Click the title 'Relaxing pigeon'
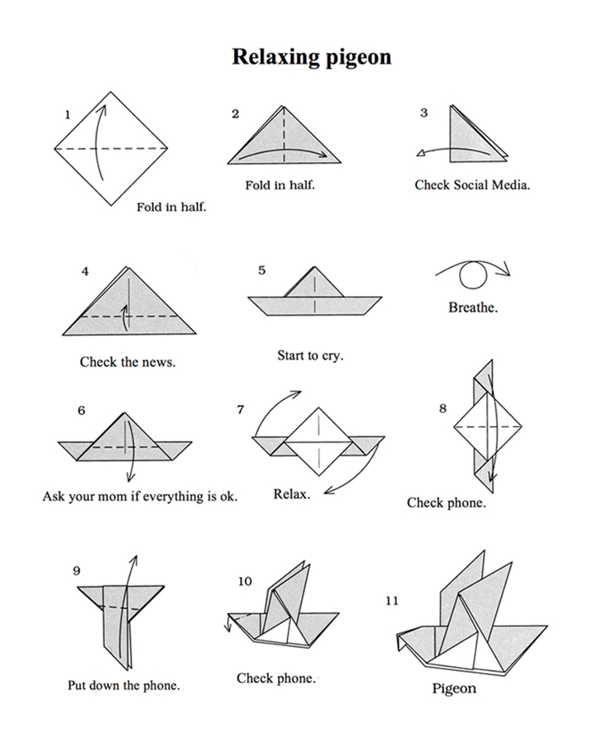pyautogui.click(x=311, y=57)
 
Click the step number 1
pyautogui.click(x=68, y=115)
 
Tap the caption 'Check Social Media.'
pyautogui.click(x=472, y=185)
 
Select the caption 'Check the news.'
pyautogui.click(x=127, y=362)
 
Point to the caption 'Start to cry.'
pyautogui.click(x=310, y=355)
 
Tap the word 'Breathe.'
pyautogui.click(x=473, y=307)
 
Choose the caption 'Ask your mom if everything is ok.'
pyautogui.click(x=140, y=496)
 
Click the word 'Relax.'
pyautogui.click(x=292, y=494)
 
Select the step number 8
pyautogui.click(x=443, y=409)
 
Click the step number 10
pyautogui.click(x=245, y=581)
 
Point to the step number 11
pyautogui.click(x=392, y=601)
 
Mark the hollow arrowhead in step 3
pyautogui.click(x=421, y=153)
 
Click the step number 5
pyautogui.click(x=262, y=270)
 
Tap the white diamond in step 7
pyautogui.click(x=319, y=442)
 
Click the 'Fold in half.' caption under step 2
pyautogui.click(x=280, y=185)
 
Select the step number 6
pyautogui.click(x=82, y=411)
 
